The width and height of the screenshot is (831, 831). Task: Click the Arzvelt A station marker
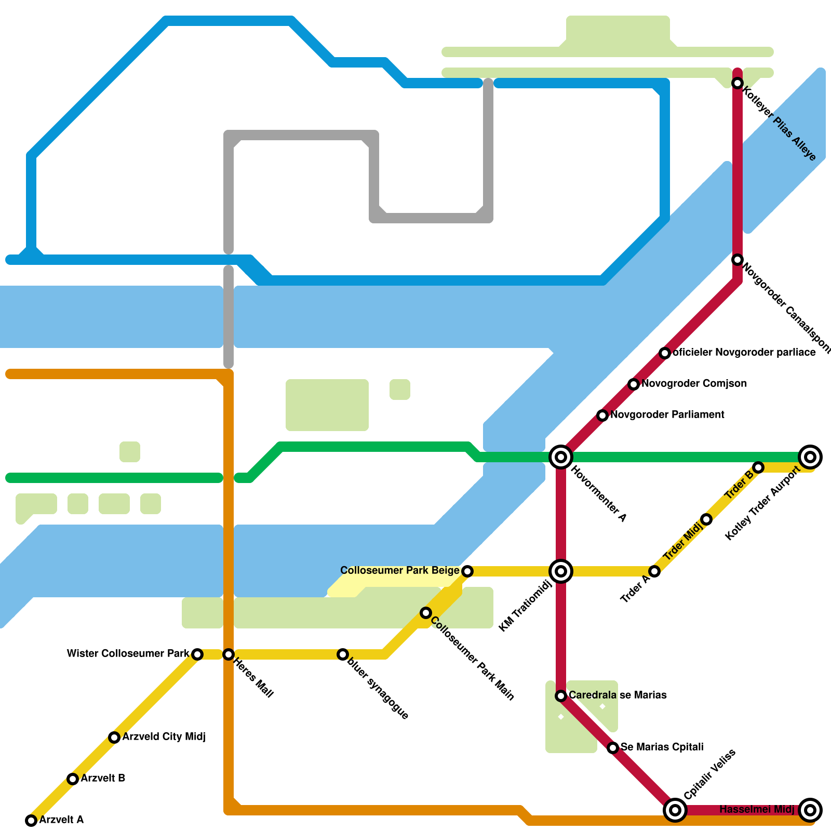coord(31,821)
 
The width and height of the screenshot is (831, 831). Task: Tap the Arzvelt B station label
coord(103,778)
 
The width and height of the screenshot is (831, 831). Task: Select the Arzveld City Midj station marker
coord(114,738)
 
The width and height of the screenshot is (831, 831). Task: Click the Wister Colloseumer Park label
coord(128,653)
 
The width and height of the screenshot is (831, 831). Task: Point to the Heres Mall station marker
coord(229,654)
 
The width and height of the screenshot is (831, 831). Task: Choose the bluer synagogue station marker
coord(343,654)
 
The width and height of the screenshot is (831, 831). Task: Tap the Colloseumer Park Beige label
coord(400,570)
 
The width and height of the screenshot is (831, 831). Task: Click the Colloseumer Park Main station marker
coord(426,613)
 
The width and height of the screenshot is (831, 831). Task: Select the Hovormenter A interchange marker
coord(561,457)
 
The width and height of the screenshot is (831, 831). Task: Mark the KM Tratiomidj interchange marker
coord(561,571)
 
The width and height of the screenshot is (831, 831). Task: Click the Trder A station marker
coord(654,571)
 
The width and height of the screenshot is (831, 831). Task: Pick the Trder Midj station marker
coord(706,519)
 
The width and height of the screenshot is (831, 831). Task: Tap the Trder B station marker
coord(758,467)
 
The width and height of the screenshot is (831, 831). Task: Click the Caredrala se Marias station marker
coord(561,696)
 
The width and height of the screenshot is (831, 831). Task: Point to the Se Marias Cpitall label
coord(662,747)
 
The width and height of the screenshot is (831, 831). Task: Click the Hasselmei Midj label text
coord(757,809)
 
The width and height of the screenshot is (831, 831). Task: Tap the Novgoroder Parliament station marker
coord(602,415)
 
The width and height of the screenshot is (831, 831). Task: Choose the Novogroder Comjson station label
coord(694,383)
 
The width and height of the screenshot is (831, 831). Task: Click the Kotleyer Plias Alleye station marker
coord(738,83)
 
